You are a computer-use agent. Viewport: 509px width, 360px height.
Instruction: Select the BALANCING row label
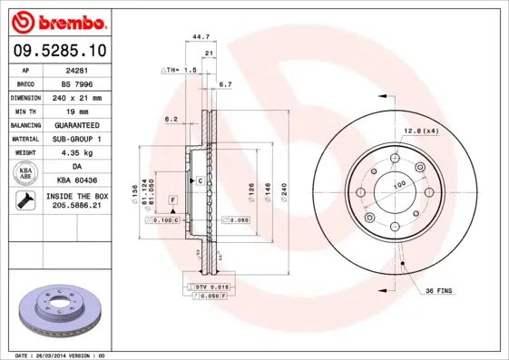[25, 125]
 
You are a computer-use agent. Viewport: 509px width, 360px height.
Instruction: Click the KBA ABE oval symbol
[25, 174]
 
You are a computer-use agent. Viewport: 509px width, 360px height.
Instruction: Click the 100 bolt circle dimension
[397, 184]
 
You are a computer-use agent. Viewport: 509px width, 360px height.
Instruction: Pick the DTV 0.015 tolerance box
[210, 287]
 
